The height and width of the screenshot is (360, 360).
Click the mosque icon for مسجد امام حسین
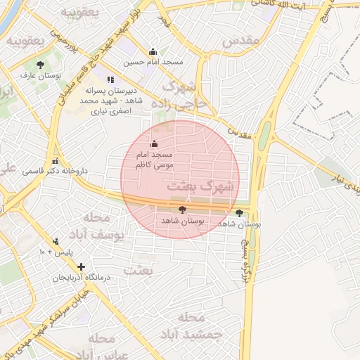point(153,51)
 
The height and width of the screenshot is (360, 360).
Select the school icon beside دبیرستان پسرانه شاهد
point(110,79)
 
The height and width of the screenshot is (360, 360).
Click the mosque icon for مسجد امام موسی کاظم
point(155,144)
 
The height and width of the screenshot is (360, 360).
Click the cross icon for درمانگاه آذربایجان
point(82,267)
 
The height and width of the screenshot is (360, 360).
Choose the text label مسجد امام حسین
point(153,63)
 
